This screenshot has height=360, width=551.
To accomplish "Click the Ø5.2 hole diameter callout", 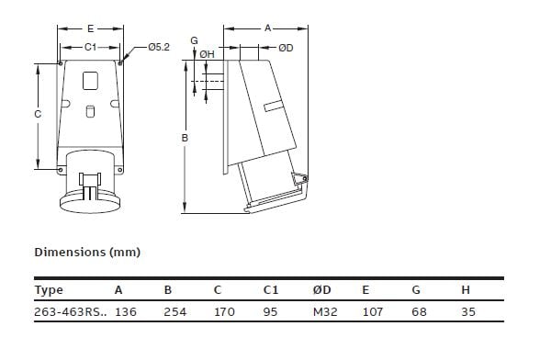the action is point(159,47).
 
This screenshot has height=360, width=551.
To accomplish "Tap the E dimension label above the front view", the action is point(90,28).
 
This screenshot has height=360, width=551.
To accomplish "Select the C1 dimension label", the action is point(90,47).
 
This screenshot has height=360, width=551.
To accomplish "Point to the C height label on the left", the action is point(38,114).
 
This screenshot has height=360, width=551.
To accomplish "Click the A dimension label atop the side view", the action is point(268,28).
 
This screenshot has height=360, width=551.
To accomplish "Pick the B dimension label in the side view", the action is point(185,138).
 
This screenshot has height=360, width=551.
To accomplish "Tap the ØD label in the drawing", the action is point(286,48).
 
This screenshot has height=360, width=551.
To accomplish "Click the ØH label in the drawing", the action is point(207,54).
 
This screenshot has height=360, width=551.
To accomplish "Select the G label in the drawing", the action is point(195,40).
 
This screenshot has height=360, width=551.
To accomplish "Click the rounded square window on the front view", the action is point(90,81).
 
